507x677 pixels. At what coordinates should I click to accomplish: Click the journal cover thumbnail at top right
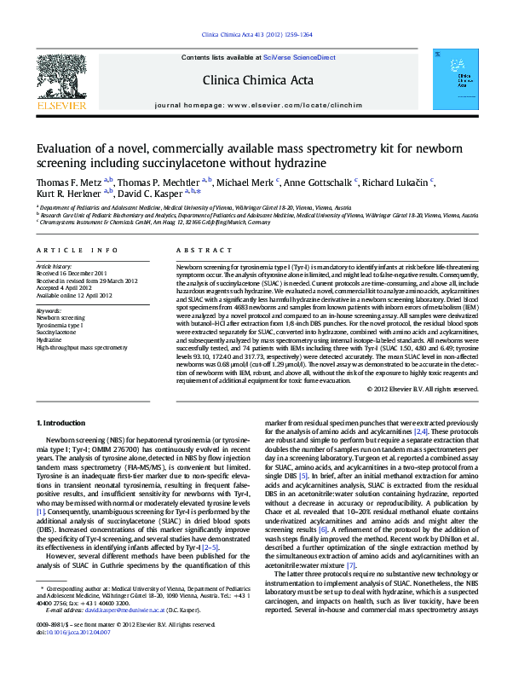(x=449, y=80)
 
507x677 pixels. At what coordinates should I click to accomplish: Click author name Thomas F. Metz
(x=68, y=182)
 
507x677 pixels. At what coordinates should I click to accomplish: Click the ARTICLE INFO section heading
(x=77, y=250)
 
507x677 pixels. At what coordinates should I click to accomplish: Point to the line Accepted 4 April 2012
(x=66, y=288)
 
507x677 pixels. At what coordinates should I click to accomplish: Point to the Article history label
(x=54, y=267)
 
